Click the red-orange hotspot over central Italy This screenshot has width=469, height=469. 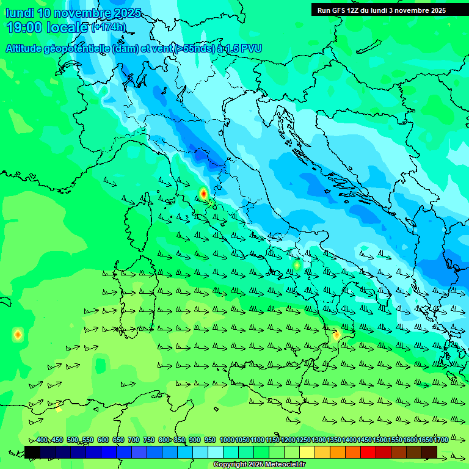(x=203, y=194)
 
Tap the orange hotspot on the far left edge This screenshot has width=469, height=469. (x=18, y=334)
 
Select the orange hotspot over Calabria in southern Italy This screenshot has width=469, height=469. (x=336, y=335)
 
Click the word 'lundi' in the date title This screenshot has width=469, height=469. (x=20, y=13)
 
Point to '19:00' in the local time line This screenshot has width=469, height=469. (x=24, y=27)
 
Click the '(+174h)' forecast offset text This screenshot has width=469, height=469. (x=108, y=27)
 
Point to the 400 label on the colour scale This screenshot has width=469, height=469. (x=42, y=440)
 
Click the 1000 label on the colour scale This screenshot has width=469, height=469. (x=227, y=440)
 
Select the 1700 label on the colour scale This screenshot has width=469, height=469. (x=440, y=440)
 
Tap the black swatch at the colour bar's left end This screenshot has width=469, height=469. (x=32, y=452)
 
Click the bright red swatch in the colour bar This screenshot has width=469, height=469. (x=368, y=452)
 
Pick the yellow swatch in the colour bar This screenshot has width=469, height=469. (x=307, y=452)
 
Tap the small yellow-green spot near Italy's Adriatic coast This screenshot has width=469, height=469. (x=297, y=265)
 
